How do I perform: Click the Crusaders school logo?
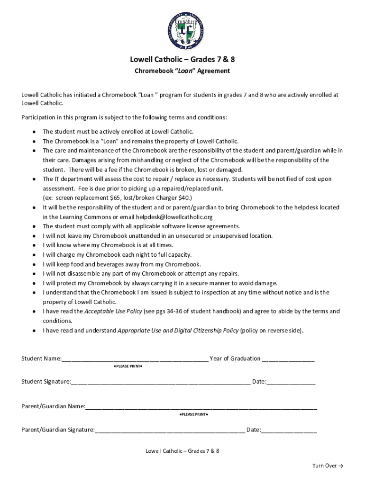coord(182,30)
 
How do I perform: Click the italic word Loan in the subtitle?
coord(184,71)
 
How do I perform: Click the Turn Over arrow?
coord(340,466)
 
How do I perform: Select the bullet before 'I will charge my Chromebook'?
coord(35,255)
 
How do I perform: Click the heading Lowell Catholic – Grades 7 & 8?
coord(182,59)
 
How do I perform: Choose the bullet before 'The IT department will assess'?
coord(35,179)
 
